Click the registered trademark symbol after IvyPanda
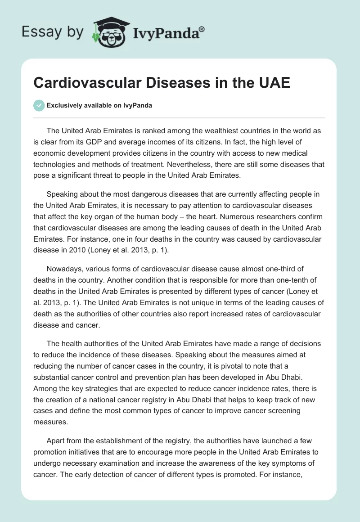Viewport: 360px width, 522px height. coord(202,29)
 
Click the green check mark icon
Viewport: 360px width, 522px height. coord(39,105)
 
